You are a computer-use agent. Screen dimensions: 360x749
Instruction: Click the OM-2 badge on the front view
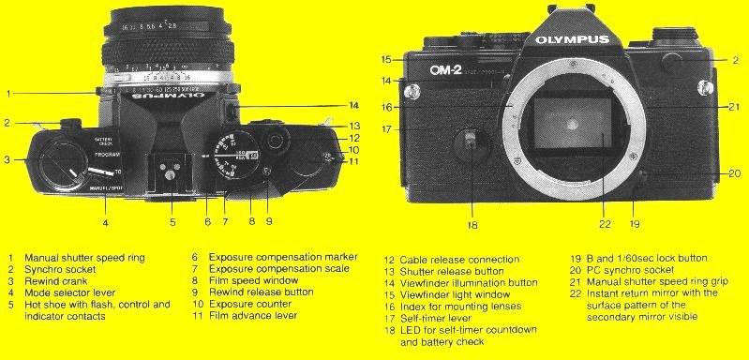pos(449,67)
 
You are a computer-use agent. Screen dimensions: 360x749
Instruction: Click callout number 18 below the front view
pos(472,225)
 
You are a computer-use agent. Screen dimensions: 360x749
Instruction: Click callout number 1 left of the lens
pos(7,93)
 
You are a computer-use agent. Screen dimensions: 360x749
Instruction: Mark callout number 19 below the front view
pos(635,225)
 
